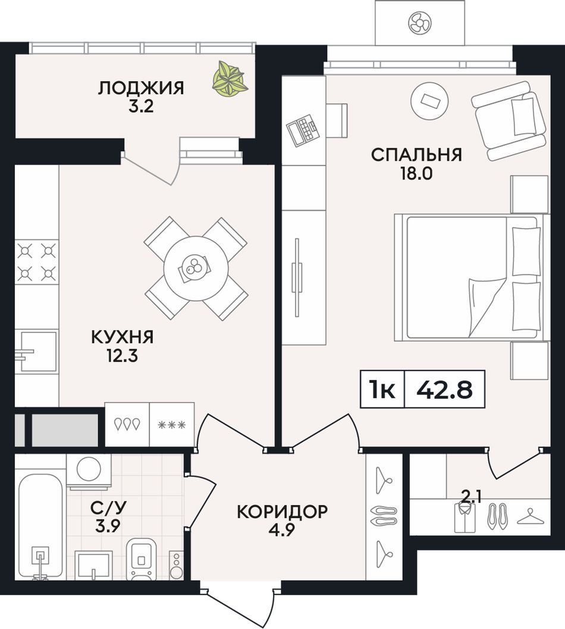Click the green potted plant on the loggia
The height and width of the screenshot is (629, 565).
coord(230,78)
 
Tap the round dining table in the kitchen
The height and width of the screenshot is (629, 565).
coord(196,268)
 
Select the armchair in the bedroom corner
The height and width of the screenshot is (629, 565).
coord(509,120)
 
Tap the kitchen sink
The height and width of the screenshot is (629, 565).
coord(36,351)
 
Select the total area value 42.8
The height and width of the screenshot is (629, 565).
coord(444,389)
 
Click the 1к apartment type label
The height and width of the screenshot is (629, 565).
coord(382,389)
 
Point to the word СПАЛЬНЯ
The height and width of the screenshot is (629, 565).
coord(416,154)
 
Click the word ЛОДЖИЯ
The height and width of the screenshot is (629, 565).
coord(142,88)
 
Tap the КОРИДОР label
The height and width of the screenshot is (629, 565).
coord(282,512)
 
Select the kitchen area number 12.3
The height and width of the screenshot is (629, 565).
coord(122,356)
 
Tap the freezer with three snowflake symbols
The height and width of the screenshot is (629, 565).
coord(172,425)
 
